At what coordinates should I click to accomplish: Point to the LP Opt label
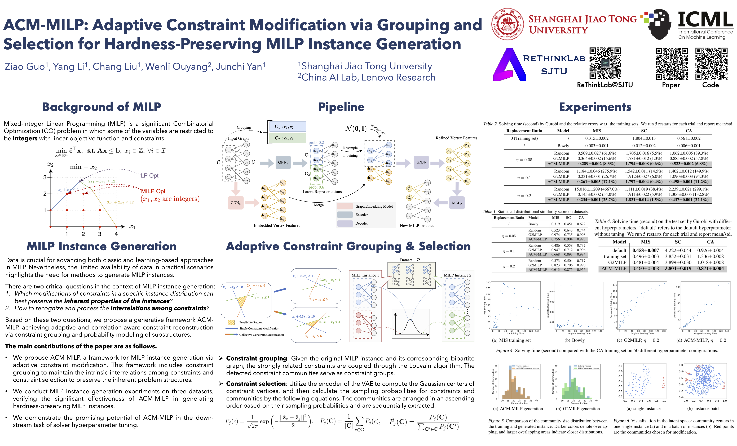pyautogui.click(x=149, y=175)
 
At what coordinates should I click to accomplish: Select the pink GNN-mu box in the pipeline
pyautogui.click(x=235, y=203)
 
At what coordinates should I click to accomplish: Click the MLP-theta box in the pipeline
pyautogui.click(x=456, y=203)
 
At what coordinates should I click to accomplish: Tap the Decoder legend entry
pyautogui.click(x=361, y=223)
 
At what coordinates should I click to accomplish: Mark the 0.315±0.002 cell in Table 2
pyautogui.click(x=597, y=138)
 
